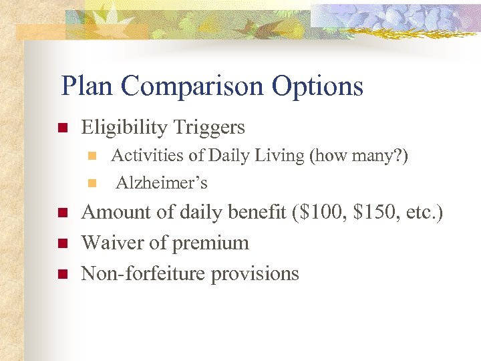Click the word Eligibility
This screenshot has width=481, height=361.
(x=125, y=128)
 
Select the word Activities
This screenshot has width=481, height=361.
(x=147, y=156)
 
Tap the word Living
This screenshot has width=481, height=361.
(x=280, y=156)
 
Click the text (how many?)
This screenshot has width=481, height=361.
(x=358, y=156)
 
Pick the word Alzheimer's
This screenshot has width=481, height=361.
(x=162, y=183)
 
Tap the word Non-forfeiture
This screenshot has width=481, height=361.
(x=144, y=273)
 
